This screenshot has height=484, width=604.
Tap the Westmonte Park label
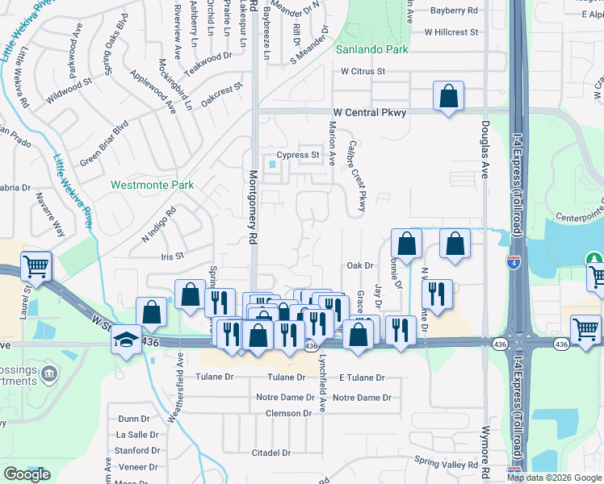pos(152,185)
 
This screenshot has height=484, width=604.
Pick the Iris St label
pos(174,255)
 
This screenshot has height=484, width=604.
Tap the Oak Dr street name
pos(360,265)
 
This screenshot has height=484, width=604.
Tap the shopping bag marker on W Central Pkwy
pos(448,96)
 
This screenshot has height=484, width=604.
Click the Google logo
pos(27,474)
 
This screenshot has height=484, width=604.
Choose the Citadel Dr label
pos(270,453)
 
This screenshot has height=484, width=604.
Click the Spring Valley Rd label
pos(447,463)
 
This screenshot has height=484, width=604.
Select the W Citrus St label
pos(363,71)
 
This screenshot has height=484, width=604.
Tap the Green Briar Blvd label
pos(103,144)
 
